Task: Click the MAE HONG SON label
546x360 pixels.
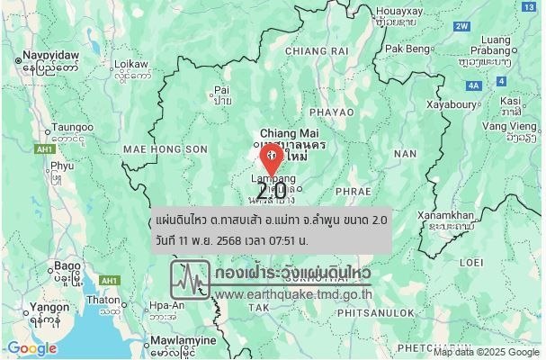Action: click(x=153, y=148)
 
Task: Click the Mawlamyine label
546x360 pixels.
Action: click(x=183, y=341)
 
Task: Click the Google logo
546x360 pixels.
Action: click(x=32, y=348)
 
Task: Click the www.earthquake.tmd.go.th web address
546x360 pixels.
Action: click(x=294, y=294)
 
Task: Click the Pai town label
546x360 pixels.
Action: click(x=222, y=90)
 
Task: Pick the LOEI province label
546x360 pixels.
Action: click(x=471, y=262)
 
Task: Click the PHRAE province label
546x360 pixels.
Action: click(x=353, y=192)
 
